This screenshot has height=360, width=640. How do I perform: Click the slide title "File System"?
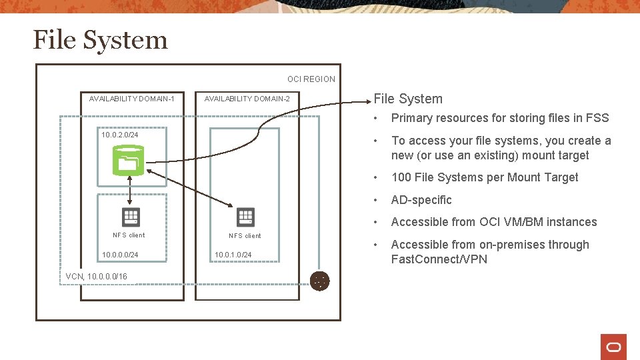100,40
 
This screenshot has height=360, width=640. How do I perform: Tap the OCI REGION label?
311,79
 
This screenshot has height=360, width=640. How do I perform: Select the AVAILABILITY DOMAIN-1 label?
132,99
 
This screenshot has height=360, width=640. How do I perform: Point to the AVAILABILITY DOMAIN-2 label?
247,99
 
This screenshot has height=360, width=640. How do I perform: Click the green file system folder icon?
127,161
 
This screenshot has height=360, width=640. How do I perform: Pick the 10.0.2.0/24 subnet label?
120,135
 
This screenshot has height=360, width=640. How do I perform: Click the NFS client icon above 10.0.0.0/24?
131,217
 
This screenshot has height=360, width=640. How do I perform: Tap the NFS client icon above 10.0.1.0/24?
246,217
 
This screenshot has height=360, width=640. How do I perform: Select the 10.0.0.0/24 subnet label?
120,255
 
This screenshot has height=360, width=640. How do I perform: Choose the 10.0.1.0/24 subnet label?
233,255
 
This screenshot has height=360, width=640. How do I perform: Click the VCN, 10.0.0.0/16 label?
97,277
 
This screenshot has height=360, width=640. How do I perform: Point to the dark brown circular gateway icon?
320,281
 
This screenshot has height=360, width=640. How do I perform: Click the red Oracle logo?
613,347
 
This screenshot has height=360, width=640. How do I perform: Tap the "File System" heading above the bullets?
408,99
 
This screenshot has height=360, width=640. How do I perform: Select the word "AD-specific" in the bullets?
421,200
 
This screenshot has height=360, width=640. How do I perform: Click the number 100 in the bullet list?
401,177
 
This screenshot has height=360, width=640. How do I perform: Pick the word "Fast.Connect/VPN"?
439,259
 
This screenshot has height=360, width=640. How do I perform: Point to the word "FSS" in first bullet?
597,118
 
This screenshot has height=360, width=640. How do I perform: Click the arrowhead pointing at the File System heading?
369,102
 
